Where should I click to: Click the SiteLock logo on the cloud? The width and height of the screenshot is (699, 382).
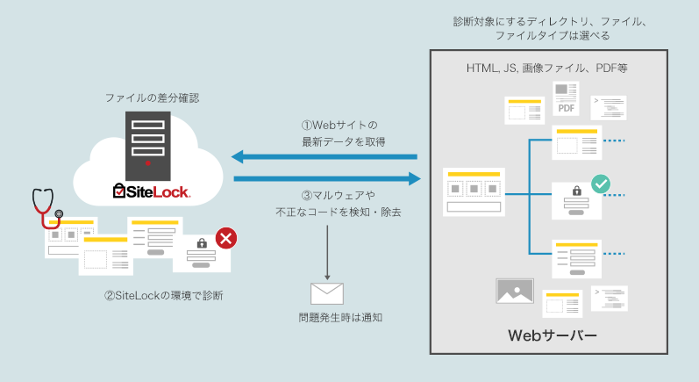[152, 190]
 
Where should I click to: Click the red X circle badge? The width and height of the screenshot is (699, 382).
[225, 238]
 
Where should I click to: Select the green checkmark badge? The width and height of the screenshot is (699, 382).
[601, 184]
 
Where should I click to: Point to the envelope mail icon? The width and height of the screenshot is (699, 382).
[327, 293]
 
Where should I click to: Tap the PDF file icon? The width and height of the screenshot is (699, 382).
[567, 98]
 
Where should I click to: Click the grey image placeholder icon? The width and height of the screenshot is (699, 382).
[515, 292]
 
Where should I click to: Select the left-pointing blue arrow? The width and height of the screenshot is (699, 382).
[325, 157]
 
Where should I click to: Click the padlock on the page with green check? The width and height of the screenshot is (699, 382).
[576, 191]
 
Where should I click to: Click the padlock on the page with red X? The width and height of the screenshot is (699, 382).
[201, 243]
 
